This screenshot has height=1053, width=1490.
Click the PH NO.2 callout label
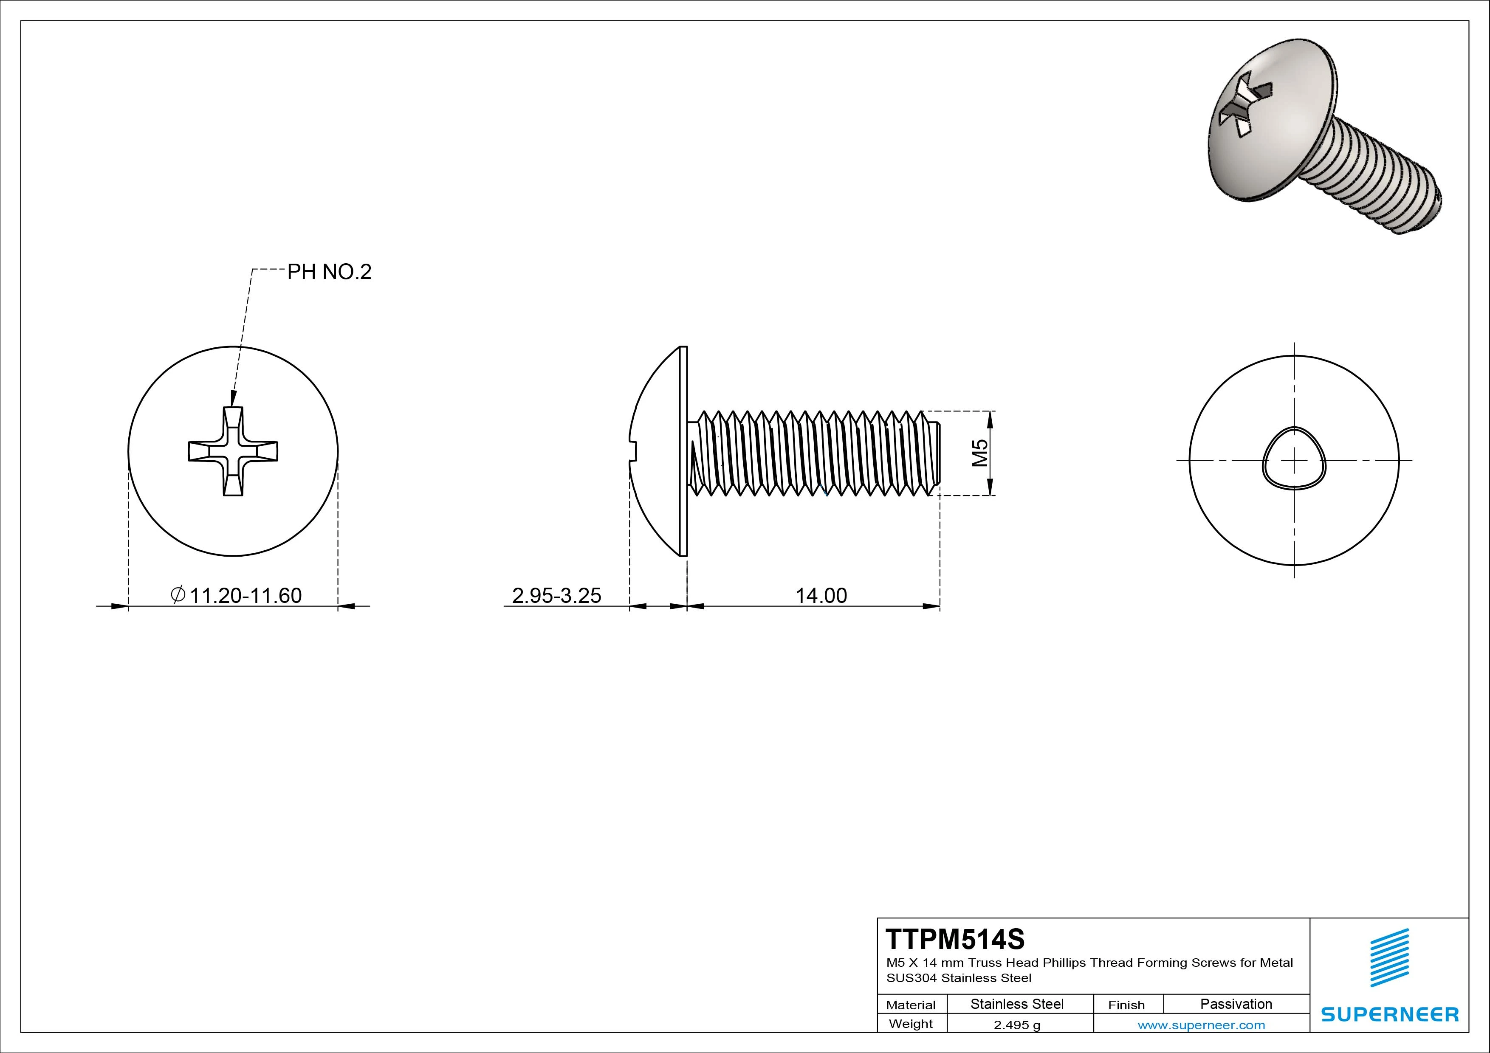pos(329,272)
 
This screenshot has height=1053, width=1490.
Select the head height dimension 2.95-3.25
pos(556,595)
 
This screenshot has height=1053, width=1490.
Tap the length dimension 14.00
pos(821,595)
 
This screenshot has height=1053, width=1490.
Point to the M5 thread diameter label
pos(979,453)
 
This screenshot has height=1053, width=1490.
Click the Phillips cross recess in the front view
pos(233,452)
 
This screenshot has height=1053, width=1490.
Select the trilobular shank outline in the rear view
pos(1294,457)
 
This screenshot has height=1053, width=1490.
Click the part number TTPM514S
pos(955,939)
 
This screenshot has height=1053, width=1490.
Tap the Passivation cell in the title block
pos(1236,1004)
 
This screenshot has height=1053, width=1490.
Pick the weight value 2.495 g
pos(1017,1025)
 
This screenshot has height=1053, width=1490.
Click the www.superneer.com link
pos(1201,1025)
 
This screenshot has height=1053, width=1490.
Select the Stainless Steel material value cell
pos(1017,1004)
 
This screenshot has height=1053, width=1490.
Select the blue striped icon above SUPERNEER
pos(1389,958)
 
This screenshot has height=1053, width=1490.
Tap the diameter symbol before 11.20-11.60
pos(178,594)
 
